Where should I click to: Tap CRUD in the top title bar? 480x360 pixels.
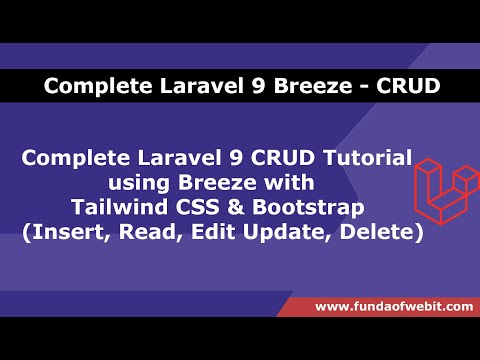[x=407, y=87]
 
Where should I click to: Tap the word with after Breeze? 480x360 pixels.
[x=288, y=184]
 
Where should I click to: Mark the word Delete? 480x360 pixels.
[x=381, y=233]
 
